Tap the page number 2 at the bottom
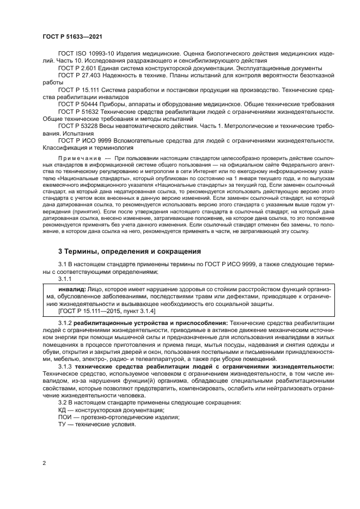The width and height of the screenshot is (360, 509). [44, 463]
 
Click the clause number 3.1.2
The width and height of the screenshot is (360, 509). [65, 323]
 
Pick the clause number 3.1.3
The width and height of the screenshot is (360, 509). [65, 367]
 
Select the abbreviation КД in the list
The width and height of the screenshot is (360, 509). [63, 410]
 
